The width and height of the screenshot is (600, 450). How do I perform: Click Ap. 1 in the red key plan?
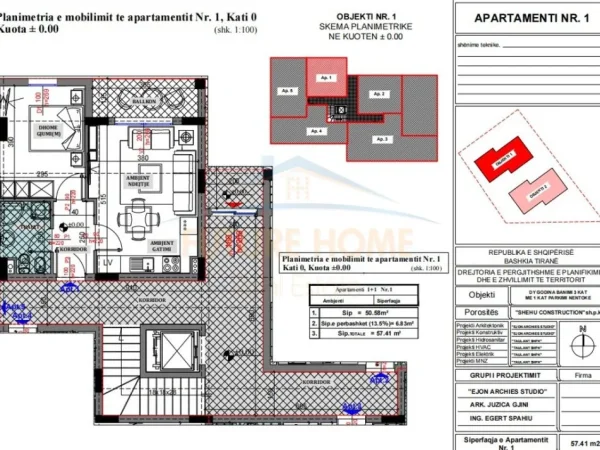tap(325, 78)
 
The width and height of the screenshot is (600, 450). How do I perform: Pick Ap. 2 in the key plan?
tap(379, 94)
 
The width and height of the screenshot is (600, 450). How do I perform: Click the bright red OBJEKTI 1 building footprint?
tap(500, 159)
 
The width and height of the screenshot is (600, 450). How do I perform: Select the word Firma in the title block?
tap(576, 377)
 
